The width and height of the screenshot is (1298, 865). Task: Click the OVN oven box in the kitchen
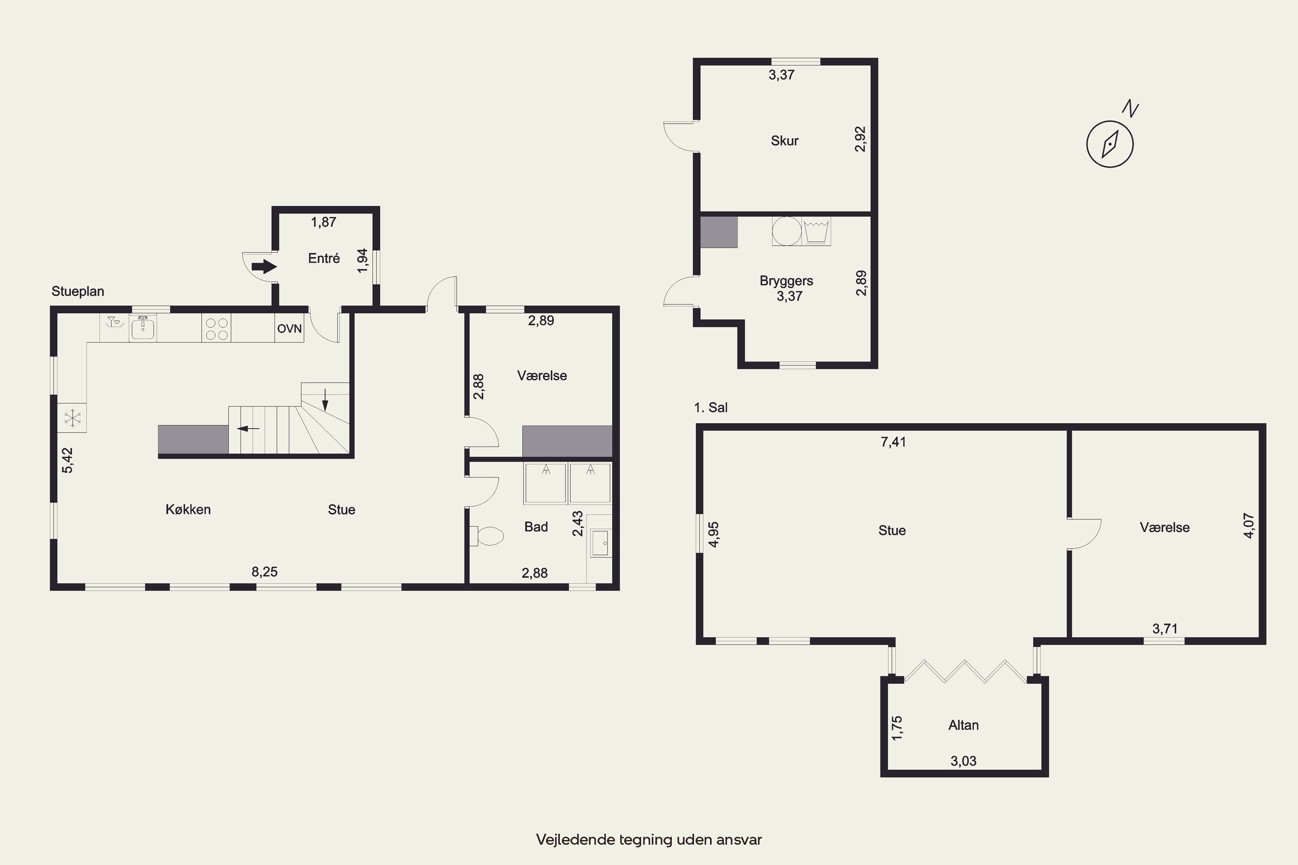(x=289, y=328)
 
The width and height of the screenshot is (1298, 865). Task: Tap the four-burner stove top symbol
(x=216, y=328)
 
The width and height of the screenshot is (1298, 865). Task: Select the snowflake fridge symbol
(x=72, y=418)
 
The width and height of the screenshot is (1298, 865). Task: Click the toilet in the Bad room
(x=487, y=536)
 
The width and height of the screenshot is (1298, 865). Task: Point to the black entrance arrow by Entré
(x=264, y=267)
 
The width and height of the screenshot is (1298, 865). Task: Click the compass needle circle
(x=1110, y=144)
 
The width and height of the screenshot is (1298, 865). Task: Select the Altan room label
(x=964, y=725)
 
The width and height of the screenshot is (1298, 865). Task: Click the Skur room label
(x=785, y=141)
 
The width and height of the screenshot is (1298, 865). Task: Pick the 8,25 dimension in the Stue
(x=265, y=571)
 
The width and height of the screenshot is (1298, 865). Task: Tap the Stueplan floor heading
(x=78, y=291)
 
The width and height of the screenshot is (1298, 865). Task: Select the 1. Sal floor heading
(x=711, y=408)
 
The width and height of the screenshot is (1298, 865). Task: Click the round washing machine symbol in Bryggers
(x=787, y=231)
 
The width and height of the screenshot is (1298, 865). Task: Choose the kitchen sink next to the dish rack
(x=143, y=328)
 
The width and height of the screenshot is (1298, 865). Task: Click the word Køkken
(x=188, y=509)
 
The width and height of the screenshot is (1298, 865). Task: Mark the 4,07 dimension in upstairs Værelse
(x=1248, y=526)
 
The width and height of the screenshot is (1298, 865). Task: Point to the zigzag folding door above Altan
(x=965, y=671)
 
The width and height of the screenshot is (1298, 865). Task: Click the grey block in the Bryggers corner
(x=719, y=232)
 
